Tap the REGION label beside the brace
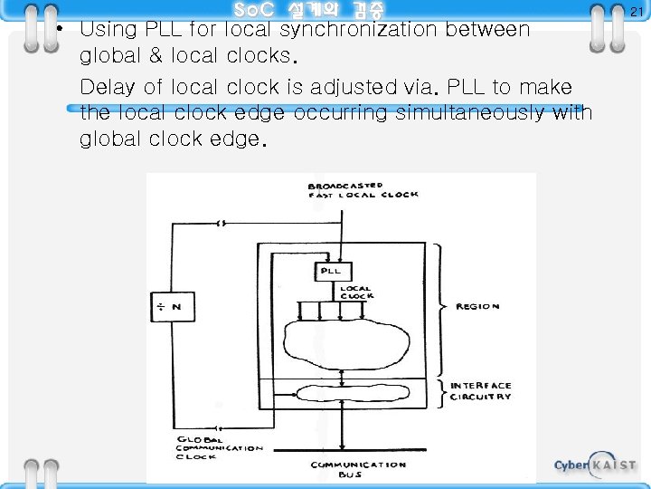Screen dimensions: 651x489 point(477,306)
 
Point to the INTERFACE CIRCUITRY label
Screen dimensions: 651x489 point(481,391)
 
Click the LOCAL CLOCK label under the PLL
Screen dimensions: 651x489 point(356,292)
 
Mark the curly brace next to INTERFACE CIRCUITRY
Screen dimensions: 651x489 point(439,391)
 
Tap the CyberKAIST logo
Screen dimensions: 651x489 point(595,465)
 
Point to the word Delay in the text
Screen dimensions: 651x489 point(105,88)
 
